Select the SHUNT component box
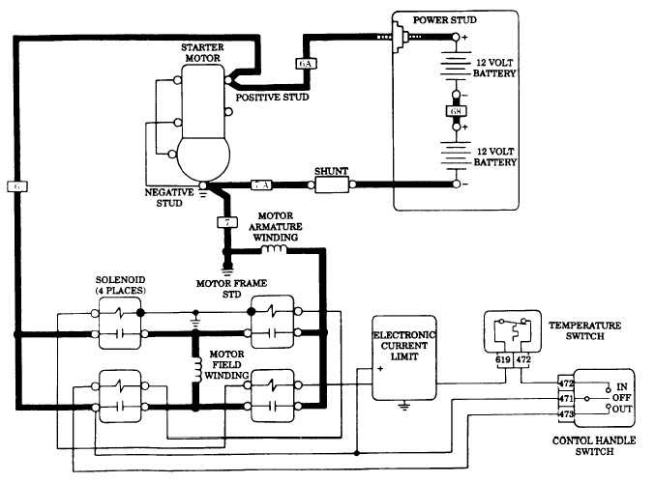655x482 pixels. point(331,183)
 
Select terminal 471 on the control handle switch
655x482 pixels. point(566,398)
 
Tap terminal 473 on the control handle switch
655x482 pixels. point(566,413)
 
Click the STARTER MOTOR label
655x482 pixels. point(202,52)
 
